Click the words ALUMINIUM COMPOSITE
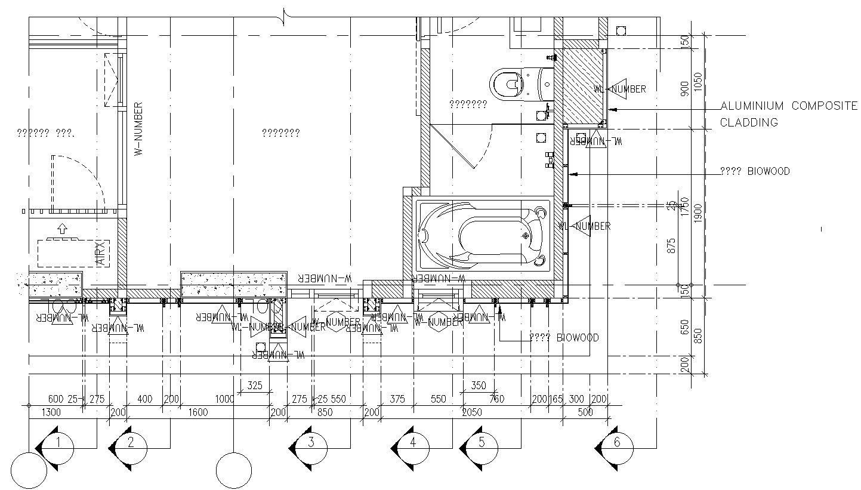click(x=788, y=106)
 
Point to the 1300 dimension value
click(x=51, y=412)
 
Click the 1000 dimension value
click(x=225, y=399)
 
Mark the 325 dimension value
click(x=255, y=386)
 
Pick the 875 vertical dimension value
click(x=671, y=245)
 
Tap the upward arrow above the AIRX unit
click(x=61, y=227)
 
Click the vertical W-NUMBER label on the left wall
click(x=138, y=129)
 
